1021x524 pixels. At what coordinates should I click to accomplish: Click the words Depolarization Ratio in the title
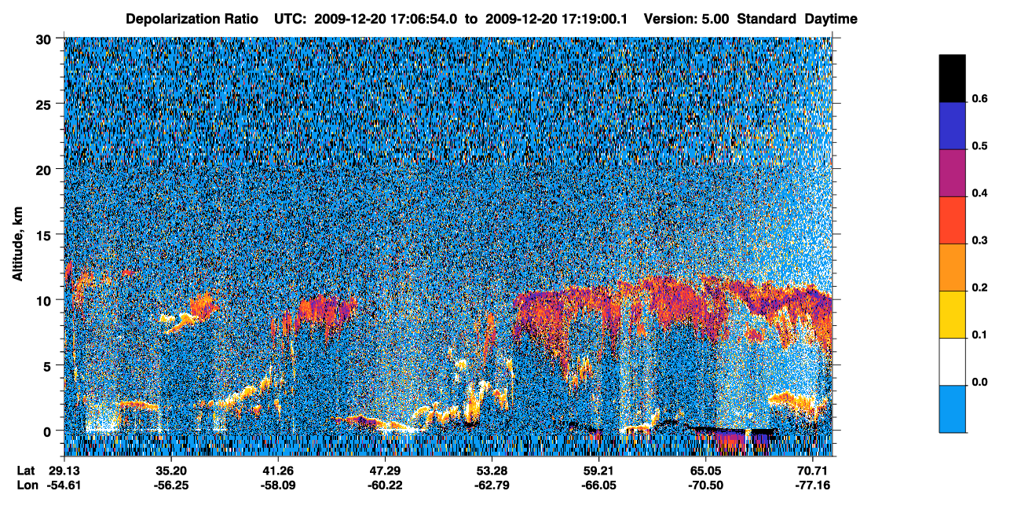(x=192, y=19)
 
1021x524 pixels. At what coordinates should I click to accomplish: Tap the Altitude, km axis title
(x=17, y=244)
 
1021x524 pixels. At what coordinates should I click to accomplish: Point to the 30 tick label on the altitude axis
(x=43, y=40)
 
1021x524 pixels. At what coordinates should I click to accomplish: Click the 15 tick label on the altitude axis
(x=43, y=235)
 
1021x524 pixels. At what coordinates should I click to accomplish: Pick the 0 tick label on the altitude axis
(x=47, y=431)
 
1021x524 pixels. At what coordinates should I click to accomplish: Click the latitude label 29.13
(x=64, y=471)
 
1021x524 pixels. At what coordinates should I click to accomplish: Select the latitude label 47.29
(x=385, y=471)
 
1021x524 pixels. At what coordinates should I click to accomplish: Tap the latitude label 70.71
(x=813, y=471)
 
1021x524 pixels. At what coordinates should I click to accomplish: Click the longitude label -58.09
(x=278, y=486)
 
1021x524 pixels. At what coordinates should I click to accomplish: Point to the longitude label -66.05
(x=599, y=486)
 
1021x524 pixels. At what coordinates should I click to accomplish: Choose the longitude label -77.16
(x=813, y=486)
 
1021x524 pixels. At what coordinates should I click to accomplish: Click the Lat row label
(x=26, y=471)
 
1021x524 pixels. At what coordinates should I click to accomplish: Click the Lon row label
(x=27, y=486)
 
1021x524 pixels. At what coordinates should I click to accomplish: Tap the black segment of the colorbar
(x=952, y=79)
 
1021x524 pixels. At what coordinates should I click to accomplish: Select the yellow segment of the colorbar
(x=952, y=315)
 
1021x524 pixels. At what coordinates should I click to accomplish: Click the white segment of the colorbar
(x=952, y=362)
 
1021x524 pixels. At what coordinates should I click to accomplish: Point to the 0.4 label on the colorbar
(x=979, y=193)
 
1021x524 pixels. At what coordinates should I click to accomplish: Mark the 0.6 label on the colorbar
(x=979, y=99)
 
